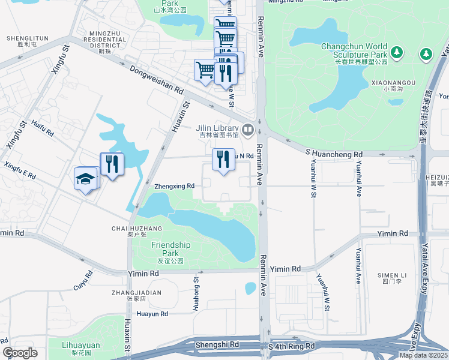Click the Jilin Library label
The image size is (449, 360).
coord(217,128)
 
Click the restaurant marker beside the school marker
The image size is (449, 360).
coord(112,163)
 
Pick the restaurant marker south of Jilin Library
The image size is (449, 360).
coord(223,160)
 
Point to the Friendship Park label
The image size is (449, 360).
coord(170,248)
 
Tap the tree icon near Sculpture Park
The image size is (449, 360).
coord(426,55)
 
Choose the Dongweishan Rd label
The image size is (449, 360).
coord(155,80)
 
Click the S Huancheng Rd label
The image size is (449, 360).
coord(334,154)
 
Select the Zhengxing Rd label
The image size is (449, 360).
coord(174,186)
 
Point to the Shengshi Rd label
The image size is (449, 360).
coord(222,345)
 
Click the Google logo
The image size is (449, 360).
coord(20,353)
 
